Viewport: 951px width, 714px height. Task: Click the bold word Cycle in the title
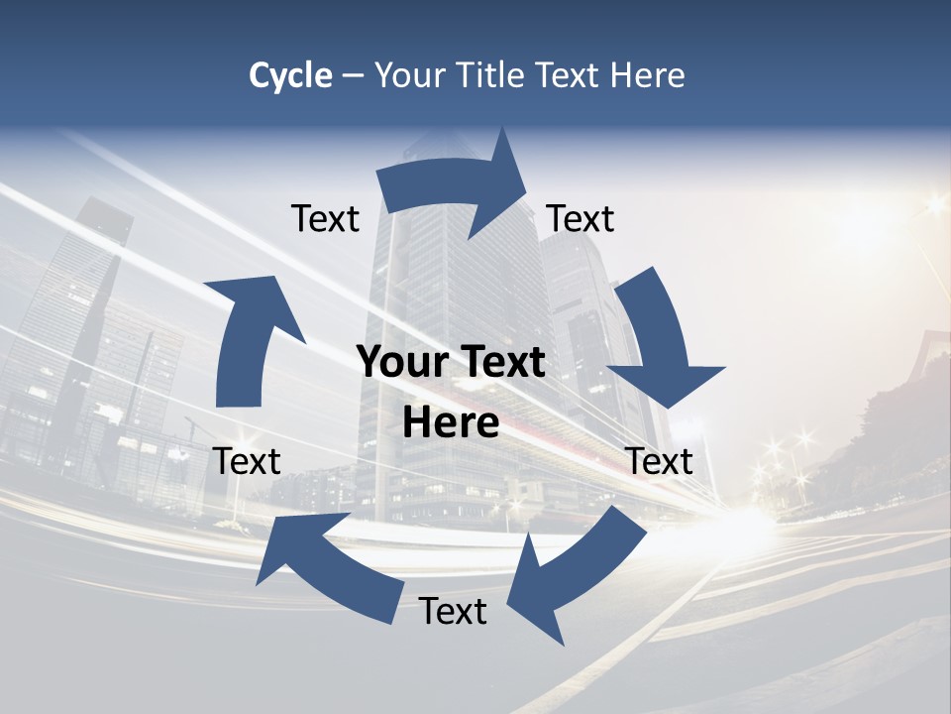point(290,75)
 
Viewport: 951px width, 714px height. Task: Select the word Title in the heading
point(491,75)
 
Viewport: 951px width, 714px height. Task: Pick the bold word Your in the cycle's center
point(404,362)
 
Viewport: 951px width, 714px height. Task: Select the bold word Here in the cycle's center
point(451,423)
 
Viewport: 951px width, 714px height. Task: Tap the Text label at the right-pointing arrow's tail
point(325,219)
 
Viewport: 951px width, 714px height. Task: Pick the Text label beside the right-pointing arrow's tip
point(581,219)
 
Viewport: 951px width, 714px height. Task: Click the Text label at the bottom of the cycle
point(453,612)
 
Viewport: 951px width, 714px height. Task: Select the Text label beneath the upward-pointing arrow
point(248,461)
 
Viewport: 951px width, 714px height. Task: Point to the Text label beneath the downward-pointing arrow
point(660,461)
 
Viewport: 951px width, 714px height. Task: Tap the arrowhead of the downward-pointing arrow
point(666,383)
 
